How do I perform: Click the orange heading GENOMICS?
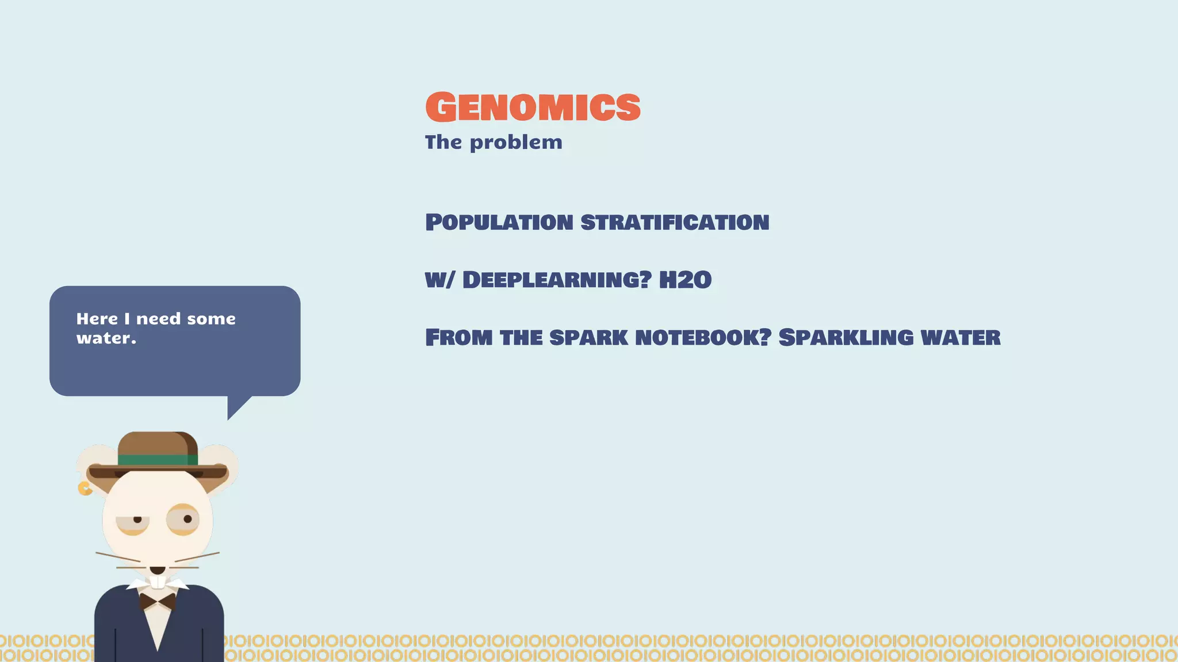(533, 107)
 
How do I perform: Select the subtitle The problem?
(494, 143)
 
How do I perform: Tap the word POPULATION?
(499, 222)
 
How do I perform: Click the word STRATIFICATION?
(675, 222)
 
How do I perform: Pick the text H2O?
(685, 280)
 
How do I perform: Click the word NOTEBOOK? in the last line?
(703, 337)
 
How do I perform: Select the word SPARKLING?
(846, 337)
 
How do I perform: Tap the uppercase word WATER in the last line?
(961, 337)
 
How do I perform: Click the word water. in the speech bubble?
(106, 338)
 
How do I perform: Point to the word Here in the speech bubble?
(97, 319)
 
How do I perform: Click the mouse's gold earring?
(85, 488)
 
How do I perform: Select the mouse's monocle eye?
(183, 519)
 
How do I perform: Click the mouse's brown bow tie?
(157, 602)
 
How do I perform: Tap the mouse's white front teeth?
(158, 582)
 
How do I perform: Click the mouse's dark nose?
(157, 570)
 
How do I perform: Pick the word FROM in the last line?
(458, 337)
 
